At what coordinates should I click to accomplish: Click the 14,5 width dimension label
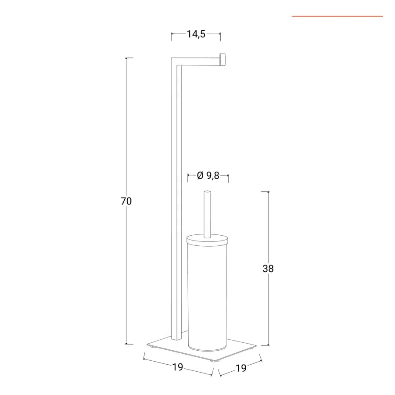(196, 34)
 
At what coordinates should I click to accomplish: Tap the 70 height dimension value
(126, 201)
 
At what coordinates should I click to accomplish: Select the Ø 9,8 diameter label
(208, 176)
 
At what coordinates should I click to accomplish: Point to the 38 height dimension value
(268, 269)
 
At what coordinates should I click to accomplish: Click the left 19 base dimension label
(178, 367)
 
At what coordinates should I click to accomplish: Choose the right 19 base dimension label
(241, 368)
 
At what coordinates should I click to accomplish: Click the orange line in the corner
(338, 16)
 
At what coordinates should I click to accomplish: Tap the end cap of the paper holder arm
(222, 61)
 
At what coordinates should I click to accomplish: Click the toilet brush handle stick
(207, 214)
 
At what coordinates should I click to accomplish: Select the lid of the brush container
(207, 239)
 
